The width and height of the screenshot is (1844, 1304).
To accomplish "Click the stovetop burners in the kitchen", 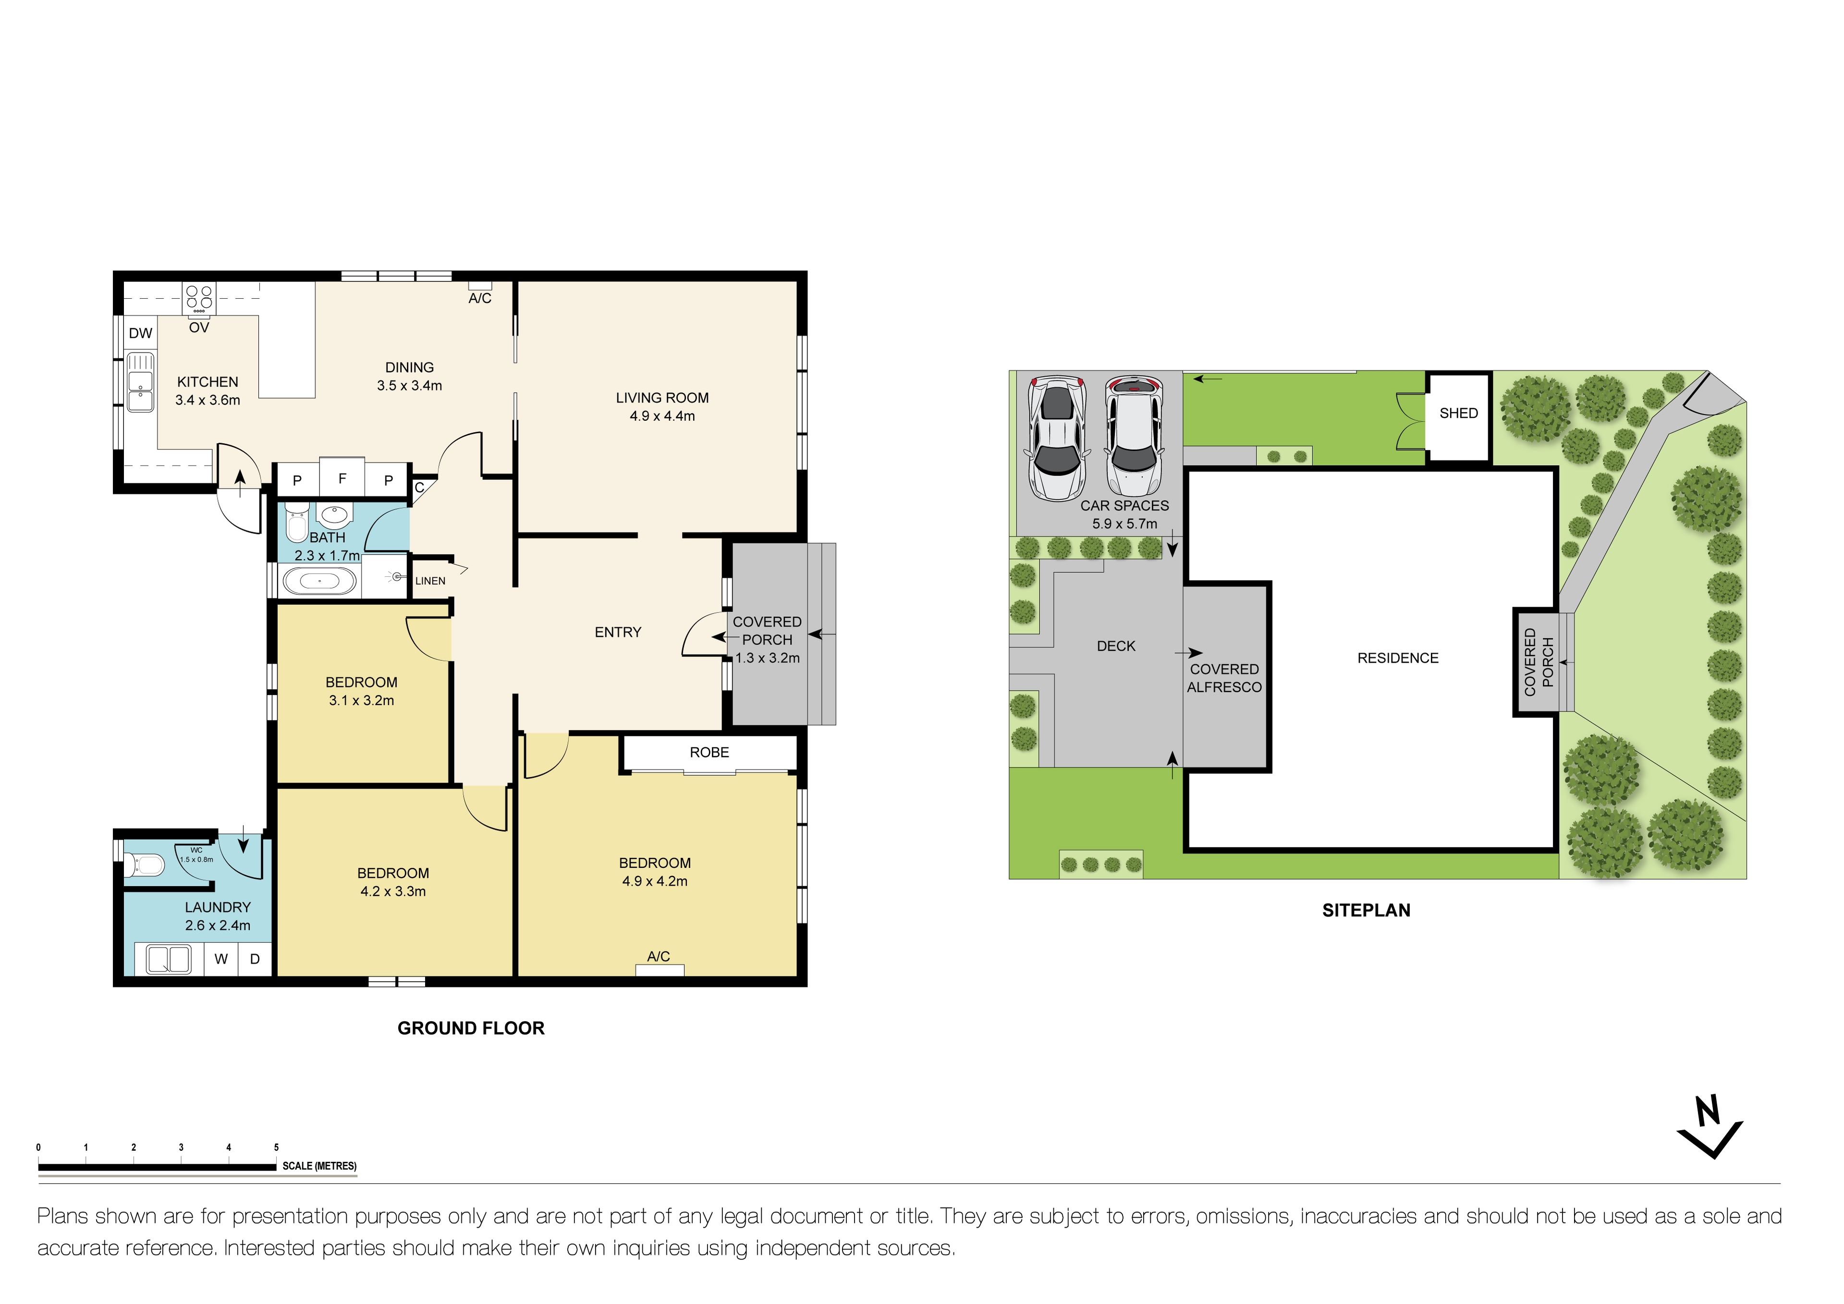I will pos(199,298).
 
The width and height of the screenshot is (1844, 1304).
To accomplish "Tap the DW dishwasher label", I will pos(141,333).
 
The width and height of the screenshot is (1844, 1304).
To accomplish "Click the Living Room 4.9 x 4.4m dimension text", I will pos(662,416).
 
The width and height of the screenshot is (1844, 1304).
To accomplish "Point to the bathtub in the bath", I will pos(319,581).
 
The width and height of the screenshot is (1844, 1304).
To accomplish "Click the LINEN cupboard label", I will pos(430,581).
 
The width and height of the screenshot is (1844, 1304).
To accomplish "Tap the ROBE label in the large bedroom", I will pos(709,752).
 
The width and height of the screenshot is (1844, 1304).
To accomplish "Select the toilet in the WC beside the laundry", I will pos(145,865).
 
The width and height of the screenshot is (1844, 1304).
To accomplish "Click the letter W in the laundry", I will pos(221,959).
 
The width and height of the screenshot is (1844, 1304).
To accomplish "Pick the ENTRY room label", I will pos(618,633).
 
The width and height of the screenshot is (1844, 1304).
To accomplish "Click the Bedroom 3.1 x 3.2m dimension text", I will pos(361,700).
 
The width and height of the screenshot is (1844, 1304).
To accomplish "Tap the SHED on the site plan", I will pos(1458,414).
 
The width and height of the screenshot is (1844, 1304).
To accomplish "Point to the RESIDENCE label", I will pos(1397,658).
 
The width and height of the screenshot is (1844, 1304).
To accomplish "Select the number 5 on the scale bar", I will pos(276,1147).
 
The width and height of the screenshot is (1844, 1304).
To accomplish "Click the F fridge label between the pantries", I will pos(342,478).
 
